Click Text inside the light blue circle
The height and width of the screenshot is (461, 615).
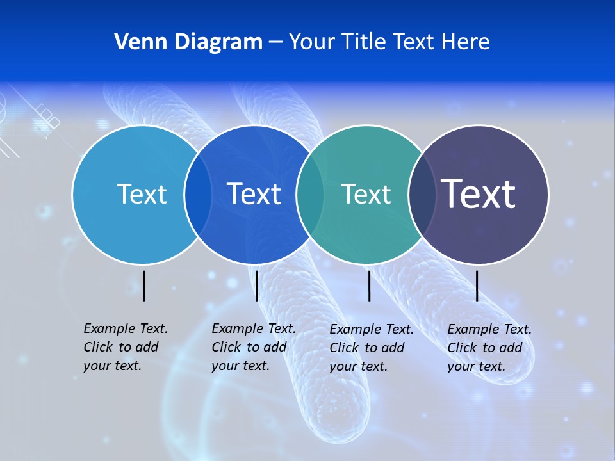point(142,194)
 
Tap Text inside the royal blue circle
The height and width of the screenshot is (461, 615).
point(254,194)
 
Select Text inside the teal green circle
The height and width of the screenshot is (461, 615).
point(366,194)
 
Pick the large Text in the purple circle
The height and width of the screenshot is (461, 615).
point(479,194)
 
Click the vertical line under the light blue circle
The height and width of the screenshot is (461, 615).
point(144,286)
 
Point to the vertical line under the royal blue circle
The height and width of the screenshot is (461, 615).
point(256,286)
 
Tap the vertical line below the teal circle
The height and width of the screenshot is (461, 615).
point(369,286)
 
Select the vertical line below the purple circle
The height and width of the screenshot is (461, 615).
point(477,286)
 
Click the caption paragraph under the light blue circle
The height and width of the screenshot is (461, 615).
point(125,347)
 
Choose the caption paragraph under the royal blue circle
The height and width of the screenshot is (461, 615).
point(253,347)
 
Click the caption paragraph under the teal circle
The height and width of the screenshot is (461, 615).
point(371,348)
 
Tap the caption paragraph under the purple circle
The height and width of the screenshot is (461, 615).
point(489,348)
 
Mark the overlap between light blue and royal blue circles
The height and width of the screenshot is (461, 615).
point(198,195)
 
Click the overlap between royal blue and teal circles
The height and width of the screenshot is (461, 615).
point(310,195)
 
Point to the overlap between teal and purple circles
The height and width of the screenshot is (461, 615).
point(422,195)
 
